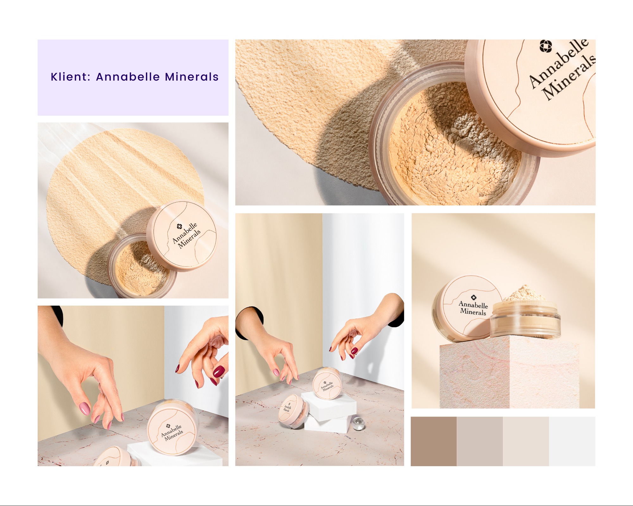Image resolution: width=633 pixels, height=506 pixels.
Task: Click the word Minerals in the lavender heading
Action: pos(191,77)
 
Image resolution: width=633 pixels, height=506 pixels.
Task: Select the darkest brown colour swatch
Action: pos(434,441)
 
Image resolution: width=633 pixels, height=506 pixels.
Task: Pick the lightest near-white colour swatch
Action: pos(572,441)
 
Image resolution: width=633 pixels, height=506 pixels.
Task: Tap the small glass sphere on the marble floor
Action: pos(358,424)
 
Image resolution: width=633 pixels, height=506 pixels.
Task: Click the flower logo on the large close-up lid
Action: pos(545,46)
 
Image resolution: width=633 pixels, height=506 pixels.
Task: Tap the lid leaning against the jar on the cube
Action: pos(465,308)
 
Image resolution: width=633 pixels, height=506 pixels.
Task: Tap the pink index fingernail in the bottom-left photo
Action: pos(85,408)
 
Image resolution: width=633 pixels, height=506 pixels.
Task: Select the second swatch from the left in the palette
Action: pos(479,441)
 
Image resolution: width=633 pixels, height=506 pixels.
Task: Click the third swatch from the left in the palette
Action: pos(526,441)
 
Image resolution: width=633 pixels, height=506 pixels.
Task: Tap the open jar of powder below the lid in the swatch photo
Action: pos(139,269)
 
